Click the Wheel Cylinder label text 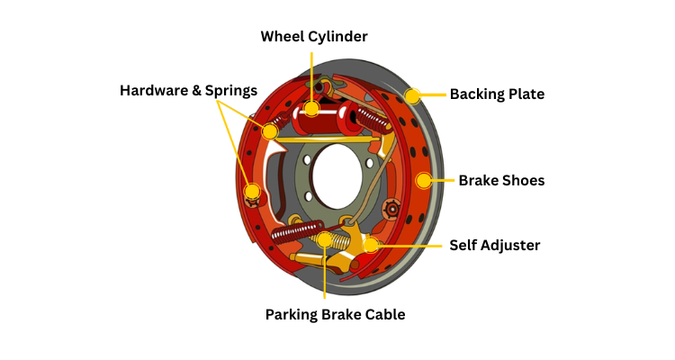tap(314, 36)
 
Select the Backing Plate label tap(497, 94)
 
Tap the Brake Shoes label tap(501, 180)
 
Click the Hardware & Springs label tap(189, 91)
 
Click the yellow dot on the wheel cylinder tap(311, 109)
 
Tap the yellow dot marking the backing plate tap(413, 95)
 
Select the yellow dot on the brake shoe tap(423, 180)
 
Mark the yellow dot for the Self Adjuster tap(371, 245)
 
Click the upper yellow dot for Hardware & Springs tap(270, 131)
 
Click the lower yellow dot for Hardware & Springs tap(253, 191)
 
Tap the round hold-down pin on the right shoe tap(391, 209)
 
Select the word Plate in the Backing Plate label tap(525, 94)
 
